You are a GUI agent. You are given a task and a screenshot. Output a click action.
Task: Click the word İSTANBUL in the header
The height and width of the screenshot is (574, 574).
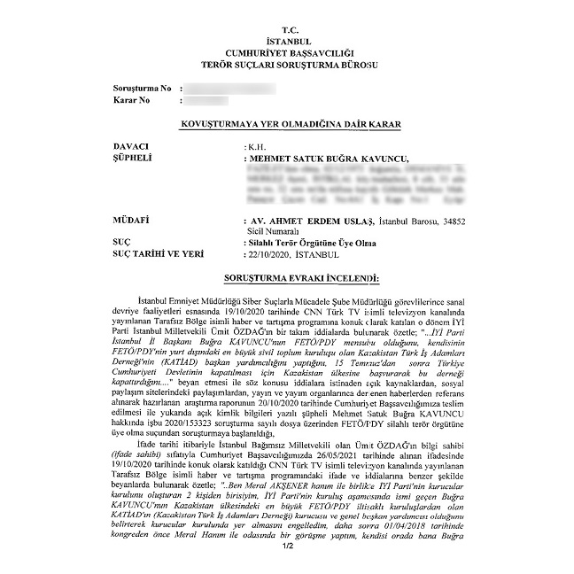[x=287, y=42]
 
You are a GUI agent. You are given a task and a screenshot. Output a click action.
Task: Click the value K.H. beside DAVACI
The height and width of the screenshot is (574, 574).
[x=256, y=145]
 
